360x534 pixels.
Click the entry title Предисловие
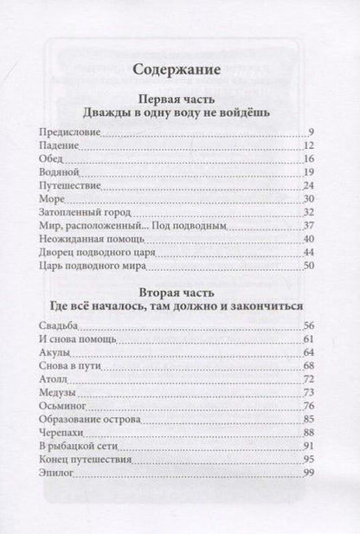coord(70,132)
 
